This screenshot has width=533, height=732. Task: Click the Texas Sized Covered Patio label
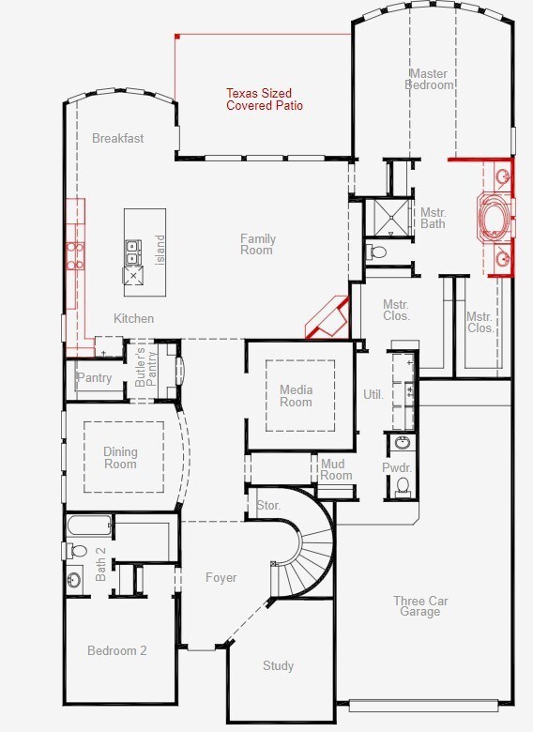pyautogui.click(x=265, y=99)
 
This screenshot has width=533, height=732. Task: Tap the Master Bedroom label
pyautogui.click(x=430, y=80)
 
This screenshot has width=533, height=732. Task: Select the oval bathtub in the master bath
pyautogui.click(x=495, y=218)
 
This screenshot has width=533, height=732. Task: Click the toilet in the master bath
pyautogui.click(x=376, y=252)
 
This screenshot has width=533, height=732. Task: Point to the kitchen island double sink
pyautogui.click(x=133, y=252)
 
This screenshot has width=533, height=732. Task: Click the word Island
pyautogui.click(x=160, y=251)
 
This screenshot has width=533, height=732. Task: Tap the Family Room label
pyautogui.click(x=258, y=244)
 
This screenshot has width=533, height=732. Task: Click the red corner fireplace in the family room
pyautogui.click(x=328, y=318)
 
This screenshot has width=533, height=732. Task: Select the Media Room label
pyautogui.click(x=296, y=396)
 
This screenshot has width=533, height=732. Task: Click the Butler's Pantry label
pyautogui.click(x=146, y=366)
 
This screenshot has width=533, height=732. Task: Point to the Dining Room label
pyautogui.click(x=120, y=458)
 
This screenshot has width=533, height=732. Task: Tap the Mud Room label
pyautogui.click(x=336, y=469)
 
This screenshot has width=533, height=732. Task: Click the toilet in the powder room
pyautogui.click(x=403, y=485)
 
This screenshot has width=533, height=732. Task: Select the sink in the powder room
pyautogui.click(x=403, y=442)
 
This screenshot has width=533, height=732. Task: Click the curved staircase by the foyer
pyautogui.click(x=308, y=551)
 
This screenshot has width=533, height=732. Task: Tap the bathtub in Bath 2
pyautogui.click(x=89, y=526)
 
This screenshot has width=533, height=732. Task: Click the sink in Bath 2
pyautogui.click(x=74, y=580)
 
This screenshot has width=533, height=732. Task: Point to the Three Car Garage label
pyautogui.click(x=420, y=606)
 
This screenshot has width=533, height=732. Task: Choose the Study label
pyautogui.click(x=278, y=665)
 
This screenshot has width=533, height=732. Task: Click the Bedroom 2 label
pyautogui.click(x=117, y=650)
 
